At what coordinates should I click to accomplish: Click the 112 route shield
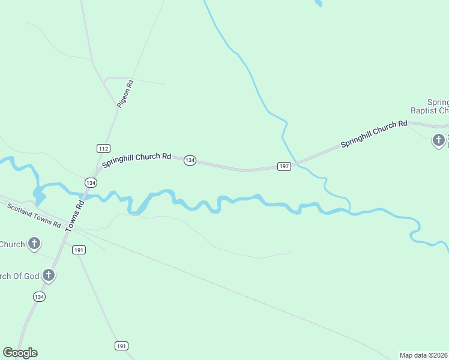[103, 148]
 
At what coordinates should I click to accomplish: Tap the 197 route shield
[285, 166]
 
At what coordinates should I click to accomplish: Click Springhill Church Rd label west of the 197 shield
[137, 160]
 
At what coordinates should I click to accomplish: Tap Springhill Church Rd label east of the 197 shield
[374, 134]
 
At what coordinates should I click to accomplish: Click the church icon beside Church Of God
[49, 275]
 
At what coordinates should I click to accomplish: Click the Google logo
[20, 353]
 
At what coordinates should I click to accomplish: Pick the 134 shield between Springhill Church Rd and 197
[190, 160]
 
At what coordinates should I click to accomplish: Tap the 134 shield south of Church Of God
[39, 296]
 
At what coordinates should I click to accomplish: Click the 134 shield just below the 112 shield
[91, 182]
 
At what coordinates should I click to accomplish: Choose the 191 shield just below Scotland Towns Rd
[79, 250]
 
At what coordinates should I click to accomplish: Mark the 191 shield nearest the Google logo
[122, 346]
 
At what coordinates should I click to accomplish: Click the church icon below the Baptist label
[439, 140]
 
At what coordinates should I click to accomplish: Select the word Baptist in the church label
[429, 110]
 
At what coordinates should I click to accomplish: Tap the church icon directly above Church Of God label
[35, 244]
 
